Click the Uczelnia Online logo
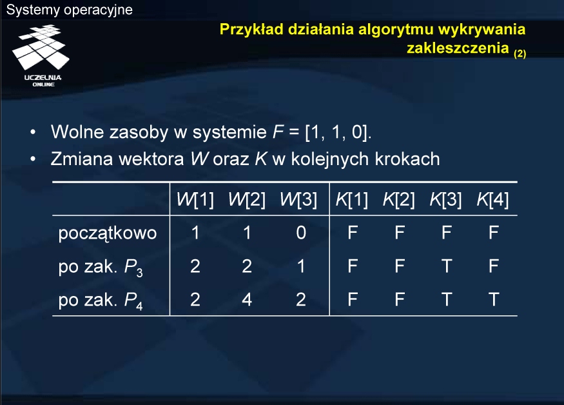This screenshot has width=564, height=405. click(41, 56)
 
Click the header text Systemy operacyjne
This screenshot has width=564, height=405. click(70, 10)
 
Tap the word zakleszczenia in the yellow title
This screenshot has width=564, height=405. click(458, 48)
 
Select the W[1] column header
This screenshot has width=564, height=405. click(195, 199)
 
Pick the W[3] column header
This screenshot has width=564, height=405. click(298, 199)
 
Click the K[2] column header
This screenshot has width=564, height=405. click(398, 199)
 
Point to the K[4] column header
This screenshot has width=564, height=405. click(492, 199)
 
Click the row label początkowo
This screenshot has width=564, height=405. click(108, 233)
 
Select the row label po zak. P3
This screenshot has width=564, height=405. click(101, 268)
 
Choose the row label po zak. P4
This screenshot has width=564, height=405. click(101, 301)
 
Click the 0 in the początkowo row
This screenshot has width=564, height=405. click(301, 233)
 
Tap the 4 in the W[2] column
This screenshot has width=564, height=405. click(247, 299)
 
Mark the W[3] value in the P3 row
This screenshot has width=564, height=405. click(301, 266)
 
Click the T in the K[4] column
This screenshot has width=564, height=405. click(494, 299)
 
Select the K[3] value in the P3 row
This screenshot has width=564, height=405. click(447, 266)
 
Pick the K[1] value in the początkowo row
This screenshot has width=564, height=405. click(353, 233)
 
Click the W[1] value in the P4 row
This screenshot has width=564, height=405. click(195, 299)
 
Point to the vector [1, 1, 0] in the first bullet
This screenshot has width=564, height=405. click(336, 132)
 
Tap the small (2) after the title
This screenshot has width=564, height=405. click(520, 54)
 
